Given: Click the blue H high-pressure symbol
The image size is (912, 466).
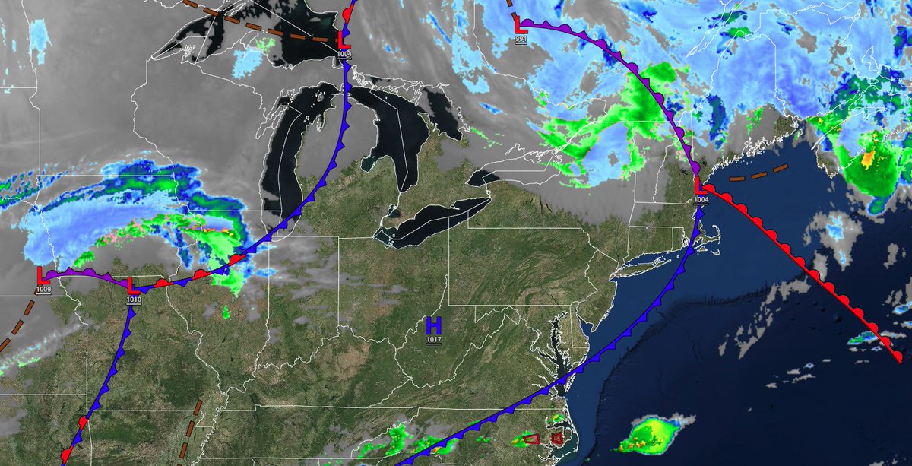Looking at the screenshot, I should (x=433, y=325).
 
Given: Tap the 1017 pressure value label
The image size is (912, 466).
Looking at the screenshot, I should (x=433, y=339).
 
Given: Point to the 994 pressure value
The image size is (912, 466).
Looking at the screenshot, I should (x=520, y=39).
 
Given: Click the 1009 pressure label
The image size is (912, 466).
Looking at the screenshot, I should (x=43, y=290).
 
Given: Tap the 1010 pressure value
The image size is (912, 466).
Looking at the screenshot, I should (x=135, y=300).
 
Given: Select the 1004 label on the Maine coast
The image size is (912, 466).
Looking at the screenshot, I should (x=700, y=199).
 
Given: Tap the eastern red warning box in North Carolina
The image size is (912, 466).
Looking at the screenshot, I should (x=557, y=438).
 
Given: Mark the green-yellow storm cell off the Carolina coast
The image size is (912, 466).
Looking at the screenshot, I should (x=652, y=433).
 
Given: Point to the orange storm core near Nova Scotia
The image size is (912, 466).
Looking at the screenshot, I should (x=866, y=159).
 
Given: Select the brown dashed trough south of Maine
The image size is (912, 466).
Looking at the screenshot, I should (x=760, y=173).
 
